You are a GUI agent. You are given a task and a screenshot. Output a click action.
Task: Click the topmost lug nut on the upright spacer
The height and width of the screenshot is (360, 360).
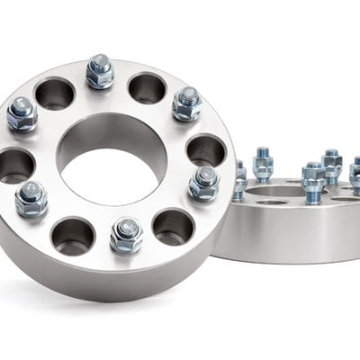point(99,71)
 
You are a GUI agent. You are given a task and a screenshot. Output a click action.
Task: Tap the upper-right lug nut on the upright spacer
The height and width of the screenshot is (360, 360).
point(186,103)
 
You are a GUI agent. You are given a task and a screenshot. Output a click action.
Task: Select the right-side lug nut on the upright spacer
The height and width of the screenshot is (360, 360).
point(204,183)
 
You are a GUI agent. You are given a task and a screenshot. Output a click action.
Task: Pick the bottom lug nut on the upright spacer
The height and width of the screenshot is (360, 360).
point(126,234)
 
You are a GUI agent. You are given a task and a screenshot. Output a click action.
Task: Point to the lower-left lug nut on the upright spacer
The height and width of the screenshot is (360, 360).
point(31,199)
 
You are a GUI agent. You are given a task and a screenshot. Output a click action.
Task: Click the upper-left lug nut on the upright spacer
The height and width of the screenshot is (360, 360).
point(22,113)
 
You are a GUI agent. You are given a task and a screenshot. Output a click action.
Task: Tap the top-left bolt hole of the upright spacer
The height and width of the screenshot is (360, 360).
point(55,94)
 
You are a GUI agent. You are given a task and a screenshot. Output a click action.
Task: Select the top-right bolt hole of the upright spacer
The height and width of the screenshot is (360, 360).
point(147,88)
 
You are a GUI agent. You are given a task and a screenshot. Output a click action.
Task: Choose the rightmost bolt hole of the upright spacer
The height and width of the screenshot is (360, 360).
point(206,149)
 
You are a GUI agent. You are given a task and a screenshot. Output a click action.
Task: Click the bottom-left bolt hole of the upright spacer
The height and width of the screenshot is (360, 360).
point(73,236)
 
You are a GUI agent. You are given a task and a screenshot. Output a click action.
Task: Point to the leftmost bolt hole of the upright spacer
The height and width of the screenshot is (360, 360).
point(17,165)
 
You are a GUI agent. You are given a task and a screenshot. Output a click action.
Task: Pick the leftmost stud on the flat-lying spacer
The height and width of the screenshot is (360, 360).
point(239,179)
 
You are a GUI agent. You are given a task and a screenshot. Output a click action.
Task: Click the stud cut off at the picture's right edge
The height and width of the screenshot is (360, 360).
point(355,175)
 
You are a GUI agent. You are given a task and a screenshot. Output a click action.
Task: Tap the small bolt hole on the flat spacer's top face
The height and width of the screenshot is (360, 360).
point(271,202)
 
